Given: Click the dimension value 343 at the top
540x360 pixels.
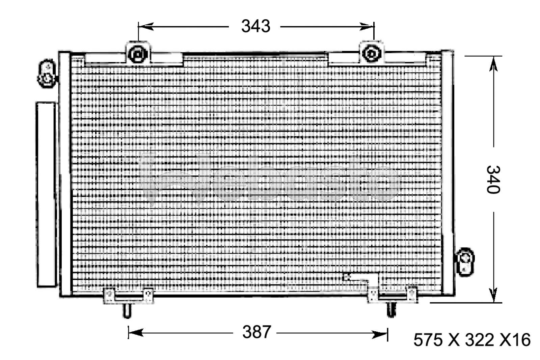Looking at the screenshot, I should (x=255, y=26).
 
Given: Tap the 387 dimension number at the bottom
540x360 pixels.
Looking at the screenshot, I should (x=256, y=332).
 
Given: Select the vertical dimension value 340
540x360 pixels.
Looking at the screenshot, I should (x=493, y=179).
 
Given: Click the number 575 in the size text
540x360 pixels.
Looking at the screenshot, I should (x=428, y=340).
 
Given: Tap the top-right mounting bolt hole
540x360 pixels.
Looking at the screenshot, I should (x=371, y=53).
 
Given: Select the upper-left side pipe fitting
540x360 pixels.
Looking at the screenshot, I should (x=47, y=74).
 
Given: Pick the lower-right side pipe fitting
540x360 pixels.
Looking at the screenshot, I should (x=466, y=261).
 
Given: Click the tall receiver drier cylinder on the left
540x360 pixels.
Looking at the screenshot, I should (x=46, y=195).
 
